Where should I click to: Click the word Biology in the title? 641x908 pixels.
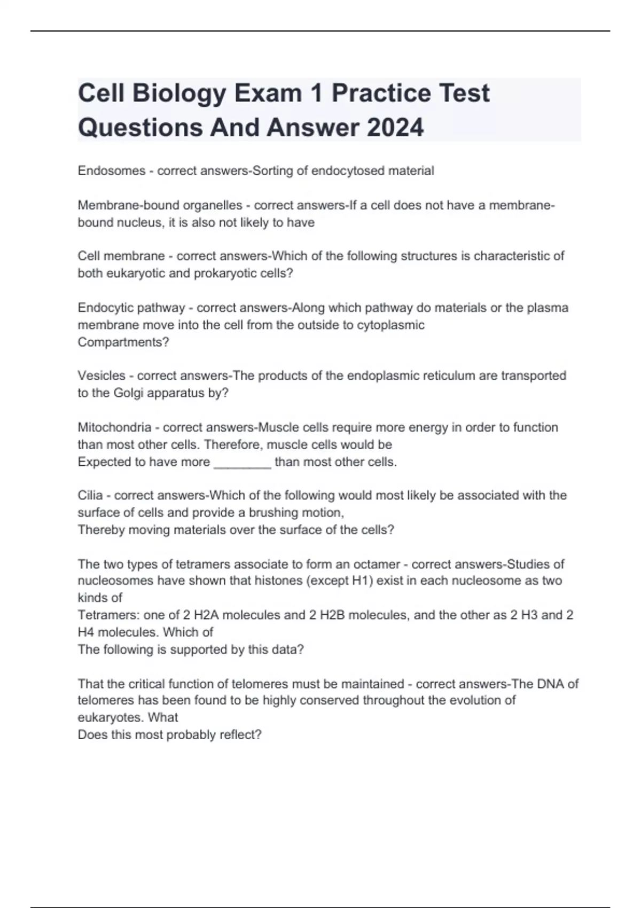(179, 93)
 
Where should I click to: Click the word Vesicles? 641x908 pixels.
(101, 376)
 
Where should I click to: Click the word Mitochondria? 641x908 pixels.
(114, 428)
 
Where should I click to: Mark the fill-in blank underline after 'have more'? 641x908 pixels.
(243, 463)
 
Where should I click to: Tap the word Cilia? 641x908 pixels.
(90, 496)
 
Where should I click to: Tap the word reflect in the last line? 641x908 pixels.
(238, 735)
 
